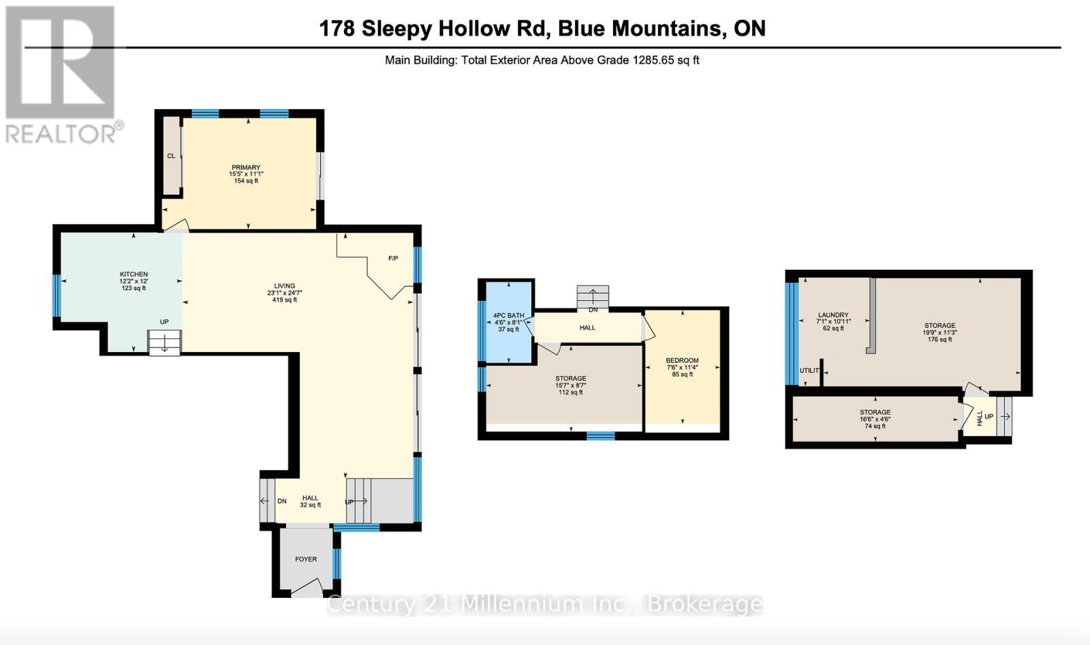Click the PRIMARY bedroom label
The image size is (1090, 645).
coord(246,168)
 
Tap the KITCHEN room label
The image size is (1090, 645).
coord(134,274)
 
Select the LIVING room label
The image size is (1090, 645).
coord(284,286)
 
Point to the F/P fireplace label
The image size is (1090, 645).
coord(393,259)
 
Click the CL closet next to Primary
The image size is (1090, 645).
coord(171,156)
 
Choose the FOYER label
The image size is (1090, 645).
coord(306,559)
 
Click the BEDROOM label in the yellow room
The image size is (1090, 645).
coord(682,361)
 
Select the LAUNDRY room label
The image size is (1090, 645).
coord(832,315)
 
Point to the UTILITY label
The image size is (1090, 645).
coord(809,371)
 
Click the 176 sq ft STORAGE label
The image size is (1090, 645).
coord(939,326)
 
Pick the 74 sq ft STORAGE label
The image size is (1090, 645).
coord(875,412)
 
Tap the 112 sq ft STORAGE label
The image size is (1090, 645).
coord(570,379)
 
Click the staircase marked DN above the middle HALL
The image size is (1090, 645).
coord(592,297)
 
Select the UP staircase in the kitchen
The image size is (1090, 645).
coord(165,343)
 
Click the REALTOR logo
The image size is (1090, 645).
coord(63,75)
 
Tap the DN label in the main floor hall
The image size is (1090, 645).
coord(282,501)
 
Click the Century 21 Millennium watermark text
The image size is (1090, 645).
coord(544,604)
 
